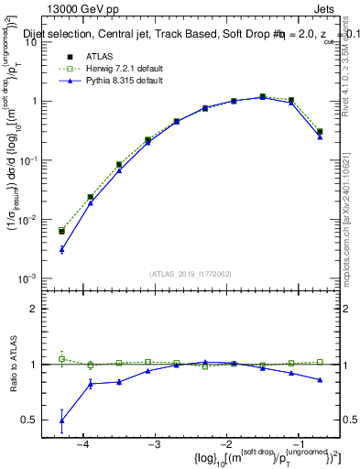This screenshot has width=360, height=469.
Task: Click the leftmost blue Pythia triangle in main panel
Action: [x=61, y=249]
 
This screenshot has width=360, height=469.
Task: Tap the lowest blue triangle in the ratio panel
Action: [x=61, y=420]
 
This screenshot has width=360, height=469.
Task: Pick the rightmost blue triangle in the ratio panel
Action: [x=320, y=379]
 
